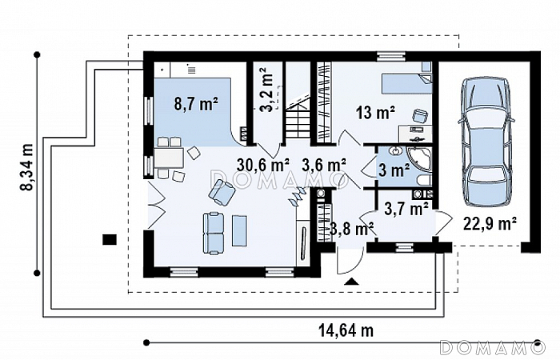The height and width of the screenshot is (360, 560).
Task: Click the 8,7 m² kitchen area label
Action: click(x=196, y=105)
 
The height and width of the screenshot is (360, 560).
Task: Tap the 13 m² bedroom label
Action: click(x=375, y=114)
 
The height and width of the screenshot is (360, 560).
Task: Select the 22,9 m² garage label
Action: click(x=490, y=224)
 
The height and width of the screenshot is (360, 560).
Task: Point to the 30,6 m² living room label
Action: click(x=263, y=165)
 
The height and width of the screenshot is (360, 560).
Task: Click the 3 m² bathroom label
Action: click(x=394, y=171)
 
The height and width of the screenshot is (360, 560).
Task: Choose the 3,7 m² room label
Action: click(x=406, y=208)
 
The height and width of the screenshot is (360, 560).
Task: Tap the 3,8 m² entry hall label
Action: click(x=352, y=229)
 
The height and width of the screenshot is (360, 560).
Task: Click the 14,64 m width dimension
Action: click(x=346, y=330)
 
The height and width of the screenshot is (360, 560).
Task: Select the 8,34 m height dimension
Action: click(x=26, y=167)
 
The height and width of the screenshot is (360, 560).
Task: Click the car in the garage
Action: click(x=486, y=142)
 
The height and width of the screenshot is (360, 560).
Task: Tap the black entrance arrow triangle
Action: click(x=352, y=282)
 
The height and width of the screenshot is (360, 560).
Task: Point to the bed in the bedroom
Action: click(x=406, y=84)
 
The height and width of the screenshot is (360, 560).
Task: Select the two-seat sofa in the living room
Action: click(x=214, y=234)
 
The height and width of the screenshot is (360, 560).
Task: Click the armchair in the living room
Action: click(x=222, y=192)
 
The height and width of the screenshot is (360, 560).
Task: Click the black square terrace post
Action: click(x=110, y=239)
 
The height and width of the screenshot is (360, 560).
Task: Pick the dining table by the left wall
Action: click(x=169, y=158)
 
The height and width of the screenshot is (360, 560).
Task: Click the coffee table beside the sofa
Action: click(x=239, y=230)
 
